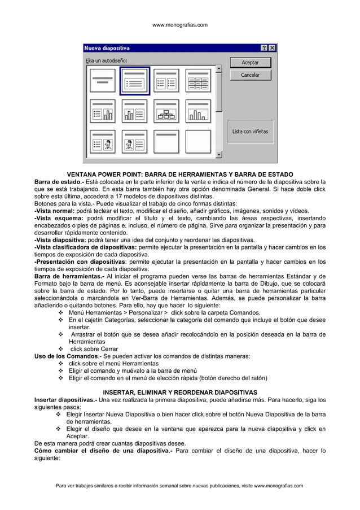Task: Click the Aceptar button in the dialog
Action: pyautogui.click(x=250, y=63)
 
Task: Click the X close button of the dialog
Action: pyautogui.click(x=273, y=48)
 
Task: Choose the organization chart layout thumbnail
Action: pyautogui.click(x=166, y=112)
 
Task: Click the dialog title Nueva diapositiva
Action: pyautogui.click(x=107, y=48)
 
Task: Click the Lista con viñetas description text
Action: pyautogui.click(x=250, y=132)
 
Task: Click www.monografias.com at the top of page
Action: pyautogui.click(x=180, y=25)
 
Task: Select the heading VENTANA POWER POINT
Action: pyautogui.click(x=180, y=175)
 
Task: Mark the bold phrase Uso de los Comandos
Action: pyautogui.click(x=66, y=356)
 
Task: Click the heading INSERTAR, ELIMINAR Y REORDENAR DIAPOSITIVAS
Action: pyautogui.click(x=180, y=393)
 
